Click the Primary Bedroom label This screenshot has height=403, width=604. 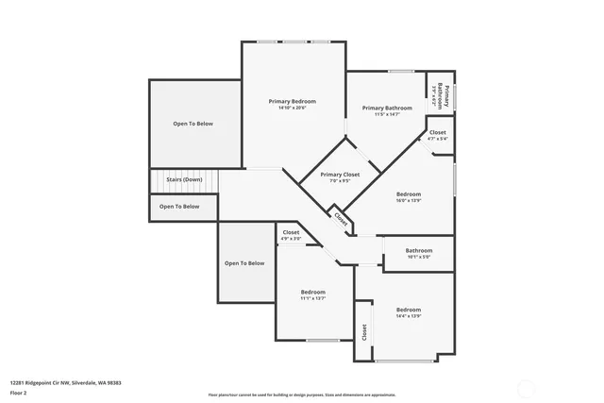coord(292,101)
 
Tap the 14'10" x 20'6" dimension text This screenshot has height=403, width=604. coord(292,108)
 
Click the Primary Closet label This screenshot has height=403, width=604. coord(340,175)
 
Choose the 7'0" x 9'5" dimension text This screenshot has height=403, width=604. coord(340,181)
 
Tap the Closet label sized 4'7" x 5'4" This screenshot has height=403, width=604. coord(437,132)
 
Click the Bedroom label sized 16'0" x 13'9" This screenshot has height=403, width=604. coord(408,193)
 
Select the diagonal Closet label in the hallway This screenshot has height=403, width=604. coord(341,218)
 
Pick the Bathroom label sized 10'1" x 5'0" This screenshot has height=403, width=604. coord(418,250)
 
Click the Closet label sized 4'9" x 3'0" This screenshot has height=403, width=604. coord(291,232)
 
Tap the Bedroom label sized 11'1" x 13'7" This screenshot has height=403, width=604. coord(312,293)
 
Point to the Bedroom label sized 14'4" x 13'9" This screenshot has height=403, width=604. coord(408,310)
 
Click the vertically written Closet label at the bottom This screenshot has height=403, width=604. coord(363,332)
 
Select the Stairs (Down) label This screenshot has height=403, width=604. coord(178,179)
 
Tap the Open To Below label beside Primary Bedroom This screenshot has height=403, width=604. coord(192,124)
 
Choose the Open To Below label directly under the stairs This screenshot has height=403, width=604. coord(178,206)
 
